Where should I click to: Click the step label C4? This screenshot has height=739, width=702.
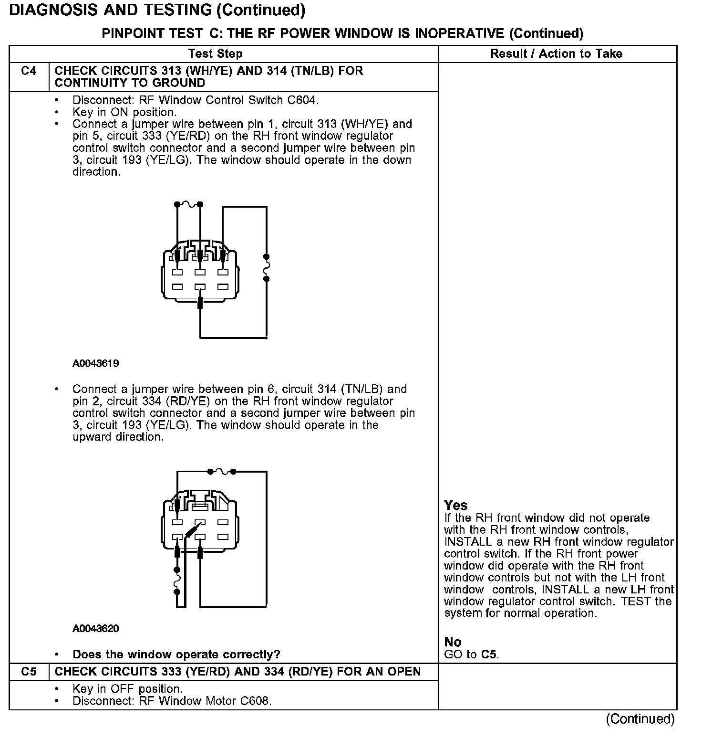click(x=29, y=71)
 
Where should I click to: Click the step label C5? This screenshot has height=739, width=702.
click(x=29, y=672)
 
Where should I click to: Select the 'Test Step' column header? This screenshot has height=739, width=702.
click(x=215, y=53)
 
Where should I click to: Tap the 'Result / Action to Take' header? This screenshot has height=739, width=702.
click(x=556, y=53)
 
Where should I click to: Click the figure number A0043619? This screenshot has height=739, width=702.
click(x=96, y=364)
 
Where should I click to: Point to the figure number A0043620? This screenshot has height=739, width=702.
click(x=96, y=629)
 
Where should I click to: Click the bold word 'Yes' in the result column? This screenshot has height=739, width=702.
click(x=455, y=505)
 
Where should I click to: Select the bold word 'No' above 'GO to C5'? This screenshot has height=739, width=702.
click(x=453, y=642)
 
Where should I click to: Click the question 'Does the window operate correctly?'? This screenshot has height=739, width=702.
click(x=176, y=655)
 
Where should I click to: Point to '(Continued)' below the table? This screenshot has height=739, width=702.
click(x=640, y=719)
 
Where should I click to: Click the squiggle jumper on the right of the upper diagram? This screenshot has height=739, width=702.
click(x=267, y=267)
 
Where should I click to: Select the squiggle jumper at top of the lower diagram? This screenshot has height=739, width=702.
click(x=221, y=472)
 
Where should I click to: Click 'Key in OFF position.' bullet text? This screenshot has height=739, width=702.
click(x=127, y=689)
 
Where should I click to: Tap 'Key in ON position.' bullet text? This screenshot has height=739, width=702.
click(x=124, y=112)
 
